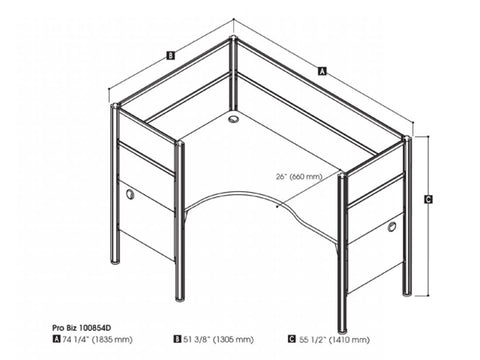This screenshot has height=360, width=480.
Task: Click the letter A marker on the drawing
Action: point(321,71)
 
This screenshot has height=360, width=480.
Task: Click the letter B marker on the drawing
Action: point(172,56)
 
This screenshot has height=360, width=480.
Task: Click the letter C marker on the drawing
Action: point(428,199)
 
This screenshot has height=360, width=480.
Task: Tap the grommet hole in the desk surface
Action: point(235,120)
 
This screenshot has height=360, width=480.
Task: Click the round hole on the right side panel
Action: point(391,228)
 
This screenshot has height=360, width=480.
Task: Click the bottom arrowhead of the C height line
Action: point(428,295)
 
